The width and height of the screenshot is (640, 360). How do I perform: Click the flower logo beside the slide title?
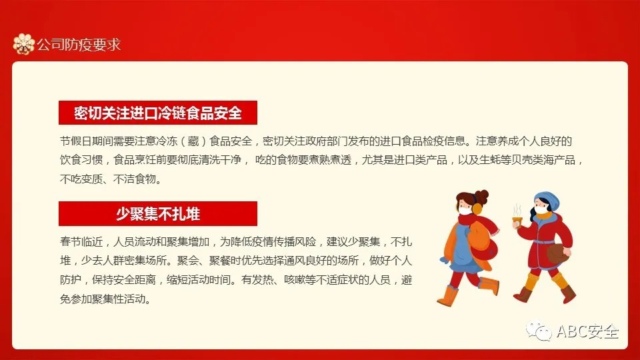click(24, 44)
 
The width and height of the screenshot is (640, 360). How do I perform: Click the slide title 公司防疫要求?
click(79, 45)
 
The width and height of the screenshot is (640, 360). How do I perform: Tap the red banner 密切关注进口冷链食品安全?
click(158, 113)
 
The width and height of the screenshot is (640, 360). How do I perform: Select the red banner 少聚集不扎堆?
click(158, 213)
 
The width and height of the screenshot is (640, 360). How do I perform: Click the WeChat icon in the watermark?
click(539, 330)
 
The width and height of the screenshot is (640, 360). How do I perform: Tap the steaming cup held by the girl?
click(517, 222)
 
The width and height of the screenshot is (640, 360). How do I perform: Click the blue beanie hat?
click(547, 200)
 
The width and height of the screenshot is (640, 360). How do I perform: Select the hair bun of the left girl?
click(482, 196)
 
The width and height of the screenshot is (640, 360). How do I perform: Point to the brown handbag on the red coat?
click(558, 253)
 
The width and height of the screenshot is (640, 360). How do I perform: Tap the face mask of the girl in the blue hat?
click(541, 210)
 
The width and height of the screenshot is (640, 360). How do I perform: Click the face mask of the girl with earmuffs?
click(465, 211)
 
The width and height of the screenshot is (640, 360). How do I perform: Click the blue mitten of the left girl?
click(445, 259)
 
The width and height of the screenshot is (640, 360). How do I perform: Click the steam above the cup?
click(517, 211)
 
